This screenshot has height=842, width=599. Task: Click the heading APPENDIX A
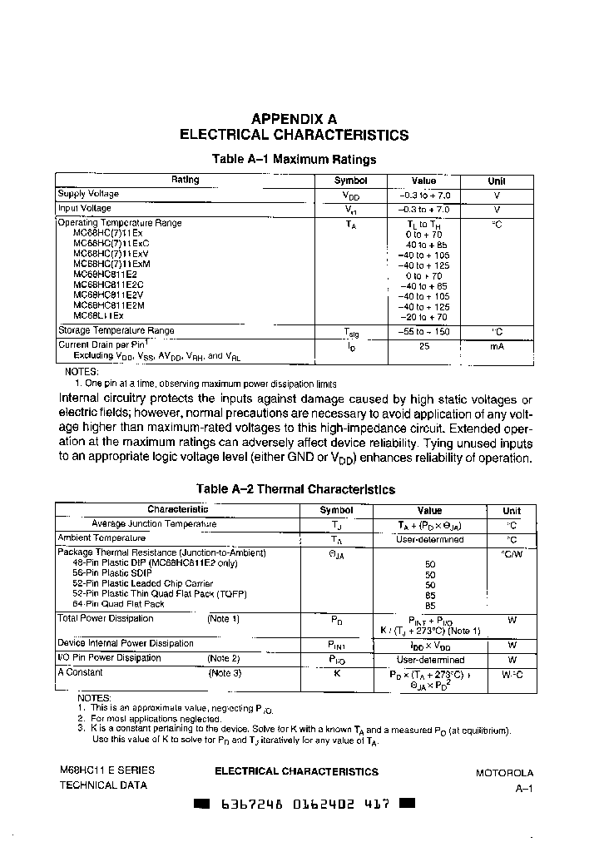click(294, 119)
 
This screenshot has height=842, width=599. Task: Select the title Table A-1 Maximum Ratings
click(295, 159)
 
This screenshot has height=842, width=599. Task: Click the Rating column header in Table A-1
click(185, 180)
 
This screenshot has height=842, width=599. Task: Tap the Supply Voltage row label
click(88, 194)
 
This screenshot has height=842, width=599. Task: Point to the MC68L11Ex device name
click(98, 316)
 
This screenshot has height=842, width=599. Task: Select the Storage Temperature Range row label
click(116, 330)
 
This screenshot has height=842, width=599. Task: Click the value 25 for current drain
click(423, 345)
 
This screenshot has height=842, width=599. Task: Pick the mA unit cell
click(497, 345)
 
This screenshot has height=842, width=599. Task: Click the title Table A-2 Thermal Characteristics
click(295, 489)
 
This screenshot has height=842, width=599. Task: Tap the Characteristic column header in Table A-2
click(178, 509)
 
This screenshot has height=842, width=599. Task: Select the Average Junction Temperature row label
click(154, 524)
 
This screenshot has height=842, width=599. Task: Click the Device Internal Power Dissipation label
click(126, 643)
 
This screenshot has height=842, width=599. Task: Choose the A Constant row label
click(81, 672)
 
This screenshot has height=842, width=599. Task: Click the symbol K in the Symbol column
click(336, 673)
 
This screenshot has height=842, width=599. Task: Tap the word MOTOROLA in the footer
click(504, 773)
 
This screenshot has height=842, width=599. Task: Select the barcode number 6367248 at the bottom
click(243, 805)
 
